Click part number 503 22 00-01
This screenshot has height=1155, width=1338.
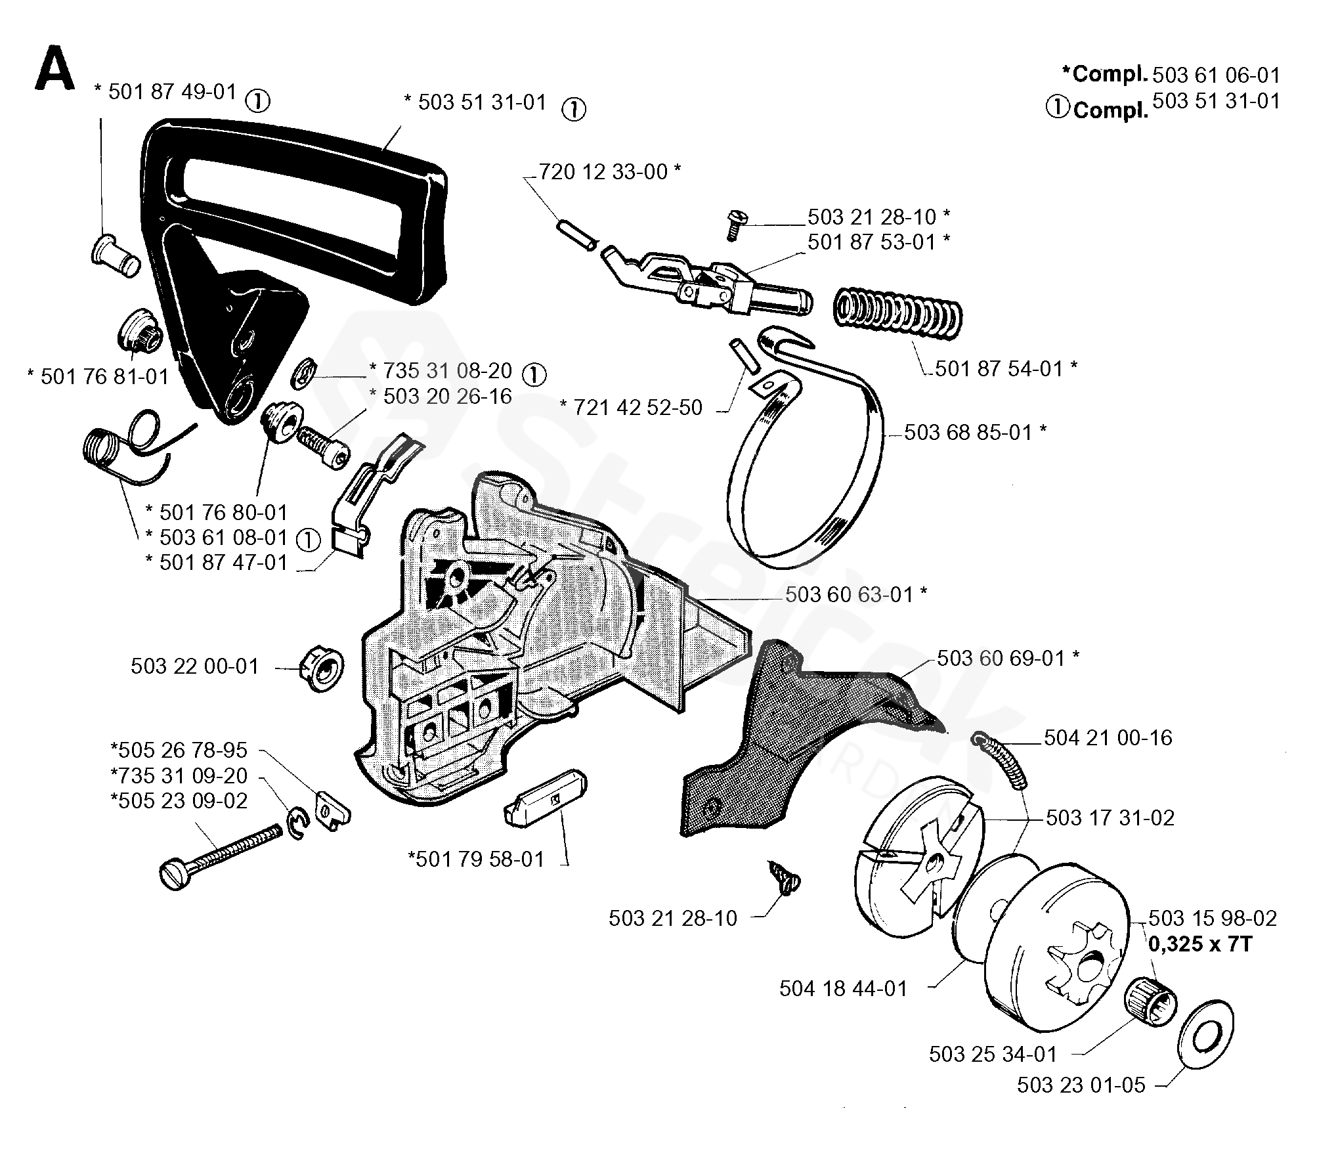coord(195,666)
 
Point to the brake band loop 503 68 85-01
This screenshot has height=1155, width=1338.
coord(804,479)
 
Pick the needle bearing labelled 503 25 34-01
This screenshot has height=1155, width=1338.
coord(1152,1005)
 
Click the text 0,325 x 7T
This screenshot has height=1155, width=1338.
coord(1200,944)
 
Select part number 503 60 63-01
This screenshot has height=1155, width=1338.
coord(849,595)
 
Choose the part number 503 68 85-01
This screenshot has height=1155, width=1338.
coord(968,432)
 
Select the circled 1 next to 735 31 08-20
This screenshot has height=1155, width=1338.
coord(534,374)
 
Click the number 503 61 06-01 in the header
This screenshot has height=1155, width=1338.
coord(1216,76)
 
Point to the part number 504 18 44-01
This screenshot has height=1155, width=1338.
coord(843,988)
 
